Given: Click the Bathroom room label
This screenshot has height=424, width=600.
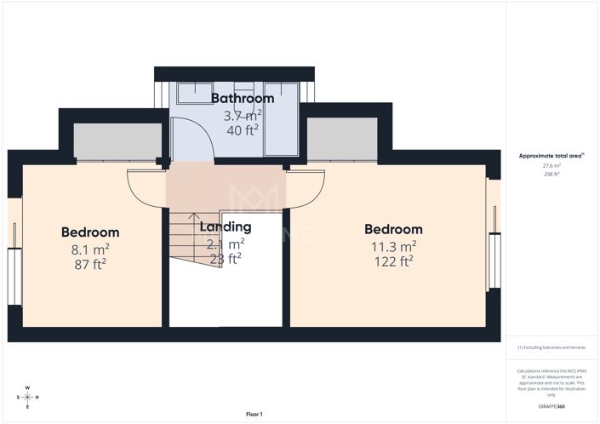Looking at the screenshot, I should point(243,99).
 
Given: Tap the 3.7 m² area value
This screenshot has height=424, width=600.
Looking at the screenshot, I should point(243,115).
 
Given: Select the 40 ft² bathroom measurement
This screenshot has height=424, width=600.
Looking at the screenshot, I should point(243,130).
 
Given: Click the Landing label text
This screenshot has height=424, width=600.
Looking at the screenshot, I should point(226,227).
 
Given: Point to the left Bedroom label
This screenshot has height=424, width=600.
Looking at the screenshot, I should point(90,232).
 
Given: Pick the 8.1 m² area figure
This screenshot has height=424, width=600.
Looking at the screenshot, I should point(90,249).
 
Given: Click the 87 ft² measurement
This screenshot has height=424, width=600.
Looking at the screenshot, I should point(90,264).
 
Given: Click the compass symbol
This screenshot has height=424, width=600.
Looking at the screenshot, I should point(27,397).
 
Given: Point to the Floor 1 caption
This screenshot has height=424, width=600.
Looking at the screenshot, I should point(254,415).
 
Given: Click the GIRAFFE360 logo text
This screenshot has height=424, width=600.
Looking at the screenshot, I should point(551,407).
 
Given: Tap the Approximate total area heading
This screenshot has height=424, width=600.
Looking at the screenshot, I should point(551,156).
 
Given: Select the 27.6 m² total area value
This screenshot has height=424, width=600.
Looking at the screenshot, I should point(551,166).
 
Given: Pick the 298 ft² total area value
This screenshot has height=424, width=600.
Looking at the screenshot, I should point(551,174).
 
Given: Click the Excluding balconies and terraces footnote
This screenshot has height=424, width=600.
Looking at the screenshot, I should point(551,347).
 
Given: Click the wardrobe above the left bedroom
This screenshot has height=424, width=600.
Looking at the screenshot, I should point(117,140).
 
